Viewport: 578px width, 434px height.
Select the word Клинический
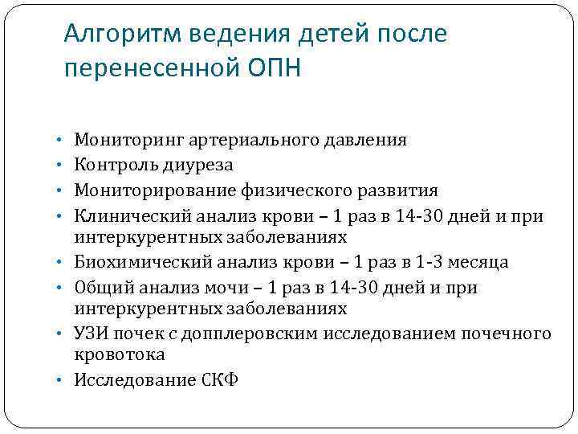click(x=124, y=215)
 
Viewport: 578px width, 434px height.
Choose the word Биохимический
click(x=131, y=263)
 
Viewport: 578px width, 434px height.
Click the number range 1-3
click(x=432, y=263)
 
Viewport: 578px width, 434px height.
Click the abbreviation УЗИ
click(x=91, y=334)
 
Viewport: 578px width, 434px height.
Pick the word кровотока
click(x=120, y=354)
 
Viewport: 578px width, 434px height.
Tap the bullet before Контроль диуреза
click(x=63, y=166)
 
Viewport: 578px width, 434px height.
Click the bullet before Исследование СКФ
click(x=63, y=380)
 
